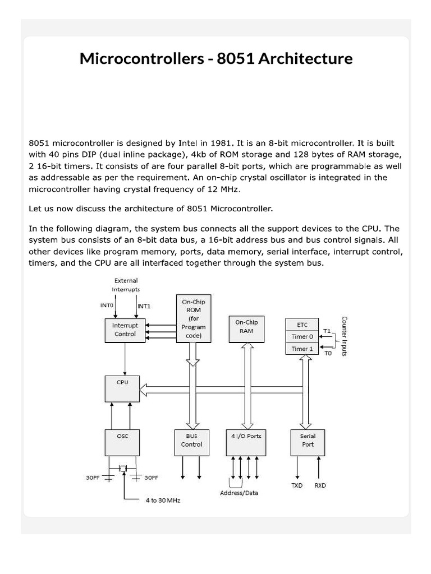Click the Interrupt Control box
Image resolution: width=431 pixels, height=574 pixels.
coord(125,330)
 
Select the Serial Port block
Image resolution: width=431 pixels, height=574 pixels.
coord(308,442)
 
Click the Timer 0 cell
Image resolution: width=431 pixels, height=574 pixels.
coord(302,337)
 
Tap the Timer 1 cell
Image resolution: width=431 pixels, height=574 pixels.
coord(302,349)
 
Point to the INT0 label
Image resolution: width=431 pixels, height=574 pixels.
coord(106,306)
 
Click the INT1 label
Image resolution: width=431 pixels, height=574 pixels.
coord(144,307)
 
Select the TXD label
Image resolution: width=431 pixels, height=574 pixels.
coord(297,485)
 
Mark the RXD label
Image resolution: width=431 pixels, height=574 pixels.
coord(320,485)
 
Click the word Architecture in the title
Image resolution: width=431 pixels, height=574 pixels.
coord(306,59)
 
